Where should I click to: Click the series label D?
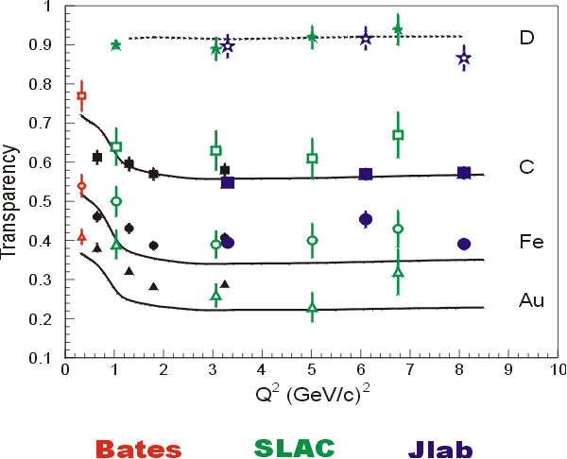click(527, 38)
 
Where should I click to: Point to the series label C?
click(527, 167)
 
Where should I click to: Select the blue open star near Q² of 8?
click(463, 59)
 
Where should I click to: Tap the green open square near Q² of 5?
click(312, 158)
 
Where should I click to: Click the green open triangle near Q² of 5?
click(312, 308)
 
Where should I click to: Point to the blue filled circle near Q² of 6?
click(366, 219)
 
